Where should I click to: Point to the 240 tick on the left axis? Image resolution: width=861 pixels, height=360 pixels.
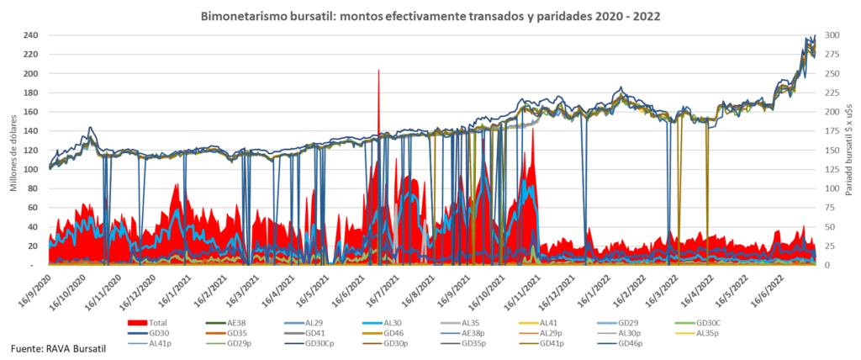(x=32, y=35)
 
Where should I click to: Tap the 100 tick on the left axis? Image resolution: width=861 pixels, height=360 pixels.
(x=32, y=169)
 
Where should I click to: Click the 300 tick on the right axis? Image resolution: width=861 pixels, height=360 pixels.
(x=830, y=35)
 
